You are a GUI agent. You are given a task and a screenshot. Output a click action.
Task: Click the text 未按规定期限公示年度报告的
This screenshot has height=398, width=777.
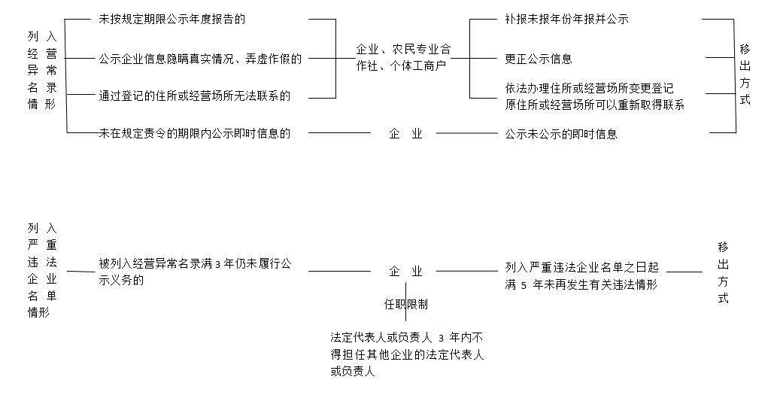pos(172,19)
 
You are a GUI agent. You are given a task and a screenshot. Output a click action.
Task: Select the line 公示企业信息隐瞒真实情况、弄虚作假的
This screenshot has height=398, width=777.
pos(200,58)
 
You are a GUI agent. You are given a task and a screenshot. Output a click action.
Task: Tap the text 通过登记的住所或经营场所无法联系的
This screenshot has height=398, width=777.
pos(194,96)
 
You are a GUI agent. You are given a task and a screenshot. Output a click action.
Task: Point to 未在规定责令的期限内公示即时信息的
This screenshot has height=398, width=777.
pos(194,133)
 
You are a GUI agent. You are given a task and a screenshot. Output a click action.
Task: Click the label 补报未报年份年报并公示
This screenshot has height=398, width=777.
pos(566,19)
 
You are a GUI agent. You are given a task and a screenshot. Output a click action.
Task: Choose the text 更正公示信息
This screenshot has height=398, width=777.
pos(538,58)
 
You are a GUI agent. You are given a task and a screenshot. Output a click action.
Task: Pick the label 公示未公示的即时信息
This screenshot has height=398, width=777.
pos(561,134)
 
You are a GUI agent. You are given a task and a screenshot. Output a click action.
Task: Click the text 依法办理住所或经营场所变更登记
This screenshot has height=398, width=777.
pos(589,89)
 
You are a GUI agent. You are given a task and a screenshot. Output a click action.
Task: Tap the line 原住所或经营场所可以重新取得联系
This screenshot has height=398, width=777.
pos(594,105)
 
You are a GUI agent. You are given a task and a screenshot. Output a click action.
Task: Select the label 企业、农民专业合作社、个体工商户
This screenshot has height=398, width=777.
pos(402,57)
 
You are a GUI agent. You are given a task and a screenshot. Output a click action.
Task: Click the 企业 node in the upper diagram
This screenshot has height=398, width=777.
pos(405,134)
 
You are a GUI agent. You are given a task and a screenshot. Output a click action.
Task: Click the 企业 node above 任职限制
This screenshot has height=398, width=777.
pos(405,271)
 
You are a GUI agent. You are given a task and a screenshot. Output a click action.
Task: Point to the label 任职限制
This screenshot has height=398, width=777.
pos(406,304)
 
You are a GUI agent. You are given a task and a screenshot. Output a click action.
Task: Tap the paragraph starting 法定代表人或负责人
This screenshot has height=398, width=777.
pos(406,354)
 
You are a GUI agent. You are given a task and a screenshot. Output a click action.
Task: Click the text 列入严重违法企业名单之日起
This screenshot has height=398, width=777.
pos(582,266)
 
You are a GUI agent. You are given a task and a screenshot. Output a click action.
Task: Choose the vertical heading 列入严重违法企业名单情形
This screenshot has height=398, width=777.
pos(41,269)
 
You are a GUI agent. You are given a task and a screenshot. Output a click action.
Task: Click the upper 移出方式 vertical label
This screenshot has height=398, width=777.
pos(745,74)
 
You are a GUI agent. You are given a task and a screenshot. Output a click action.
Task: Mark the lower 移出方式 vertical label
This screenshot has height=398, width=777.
pos(723,272)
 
